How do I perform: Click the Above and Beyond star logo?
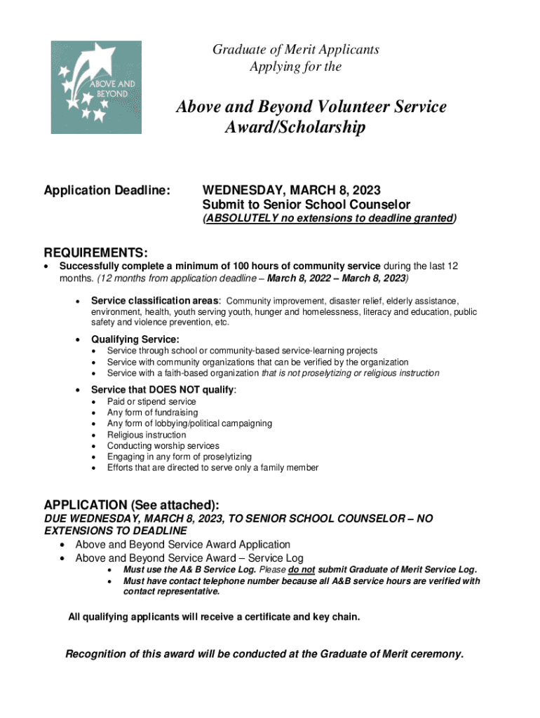[96, 87]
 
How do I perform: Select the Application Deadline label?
[107, 191]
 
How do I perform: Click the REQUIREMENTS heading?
[95, 252]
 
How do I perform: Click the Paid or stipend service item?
[151, 402]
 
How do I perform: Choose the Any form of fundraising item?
[152, 413]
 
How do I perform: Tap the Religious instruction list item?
[147, 435]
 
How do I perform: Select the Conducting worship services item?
[163, 446]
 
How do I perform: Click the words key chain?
[340, 617]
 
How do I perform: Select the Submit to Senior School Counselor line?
[306, 205]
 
